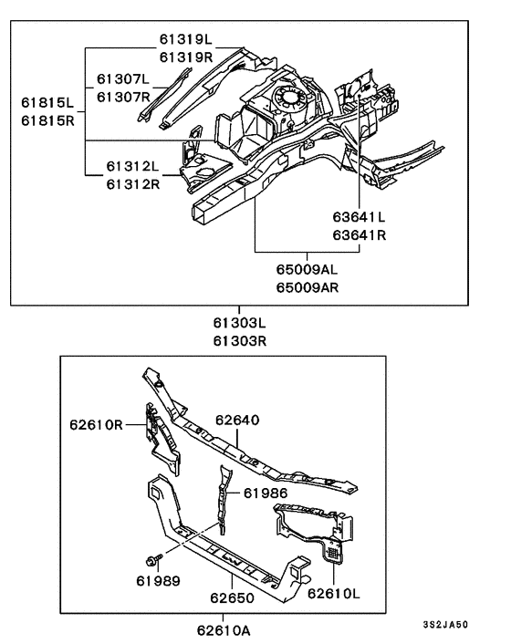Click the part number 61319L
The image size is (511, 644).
pyautogui.click(x=185, y=40)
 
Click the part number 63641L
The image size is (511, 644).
pyautogui.click(x=359, y=217)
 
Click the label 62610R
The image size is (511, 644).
pyautogui.click(x=95, y=424)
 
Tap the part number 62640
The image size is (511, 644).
pyautogui.click(x=239, y=421)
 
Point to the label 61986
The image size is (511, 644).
pyautogui.click(x=266, y=493)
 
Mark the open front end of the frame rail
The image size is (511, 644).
pyautogui.click(x=203, y=213)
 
